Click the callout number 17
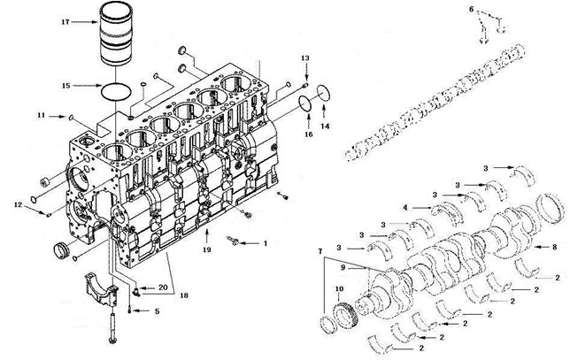[65, 22]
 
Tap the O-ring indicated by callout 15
[115, 91]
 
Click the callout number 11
[42, 115]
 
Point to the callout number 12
[19, 205]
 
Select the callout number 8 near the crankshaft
[554, 247]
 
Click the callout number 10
[339, 289]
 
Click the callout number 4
[405, 208]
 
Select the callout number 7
[320, 251]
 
